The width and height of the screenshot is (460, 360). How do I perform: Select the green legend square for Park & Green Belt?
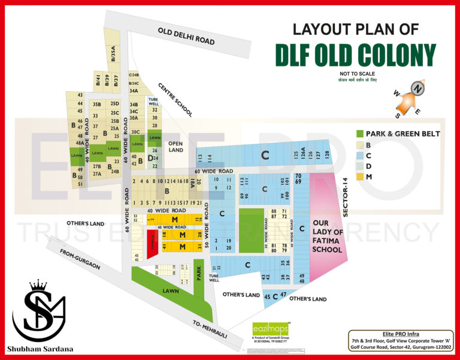coord(359,133)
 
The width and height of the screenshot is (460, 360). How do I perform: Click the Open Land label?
coord(175,147)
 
